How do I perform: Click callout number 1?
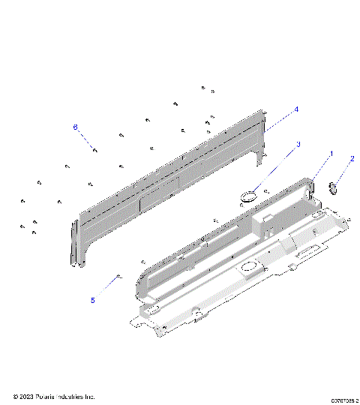coord(331,153)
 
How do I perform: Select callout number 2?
coord(351,159)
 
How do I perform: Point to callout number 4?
coord(296,109)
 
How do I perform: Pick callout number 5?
coord(92,301)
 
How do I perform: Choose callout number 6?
coord(75,127)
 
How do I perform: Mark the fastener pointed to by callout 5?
coord(119,277)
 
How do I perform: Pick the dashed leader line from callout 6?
coord(85,138)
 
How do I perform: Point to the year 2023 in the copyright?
coord(25,396)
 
